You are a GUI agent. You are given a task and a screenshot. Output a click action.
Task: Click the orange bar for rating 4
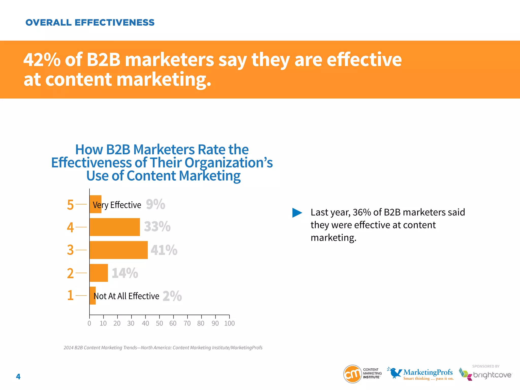(x=115, y=227)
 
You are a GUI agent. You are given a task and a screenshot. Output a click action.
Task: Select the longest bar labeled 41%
(x=119, y=250)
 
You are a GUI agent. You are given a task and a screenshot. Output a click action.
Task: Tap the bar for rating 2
(x=99, y=273)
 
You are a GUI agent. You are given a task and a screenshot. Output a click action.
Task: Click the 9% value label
(x=155, y=204)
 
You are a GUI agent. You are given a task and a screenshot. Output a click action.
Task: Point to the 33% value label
(x=157, y=226)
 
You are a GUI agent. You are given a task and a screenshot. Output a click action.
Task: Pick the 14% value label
(x=125, y=273)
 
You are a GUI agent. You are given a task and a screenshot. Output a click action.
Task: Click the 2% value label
(x=172, y=296)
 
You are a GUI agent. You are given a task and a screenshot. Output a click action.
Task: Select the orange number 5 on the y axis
(x=70, y=205)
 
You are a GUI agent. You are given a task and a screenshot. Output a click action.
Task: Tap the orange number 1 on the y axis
(x=70, y=296)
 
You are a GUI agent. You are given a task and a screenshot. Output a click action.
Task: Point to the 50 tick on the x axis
(x=159, y=323)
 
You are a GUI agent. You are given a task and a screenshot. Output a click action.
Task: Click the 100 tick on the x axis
(x=230, y=323)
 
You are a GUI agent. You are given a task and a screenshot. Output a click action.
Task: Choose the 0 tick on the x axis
(x=89, y=323)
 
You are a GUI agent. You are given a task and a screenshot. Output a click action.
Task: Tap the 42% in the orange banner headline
(x=42, y=60)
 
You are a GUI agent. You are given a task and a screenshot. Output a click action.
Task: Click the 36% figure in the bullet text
(x=362, y=212)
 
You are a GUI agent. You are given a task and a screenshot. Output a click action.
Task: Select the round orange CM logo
(x=352, y=374)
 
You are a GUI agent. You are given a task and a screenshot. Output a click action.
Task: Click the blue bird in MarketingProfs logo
(x=395, y=372)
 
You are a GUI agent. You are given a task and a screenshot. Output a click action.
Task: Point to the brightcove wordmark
(x=492, y=375)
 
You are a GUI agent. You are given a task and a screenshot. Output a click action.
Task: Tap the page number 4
(x=18, y=377)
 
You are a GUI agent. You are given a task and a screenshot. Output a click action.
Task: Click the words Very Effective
(x=117, y=205)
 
